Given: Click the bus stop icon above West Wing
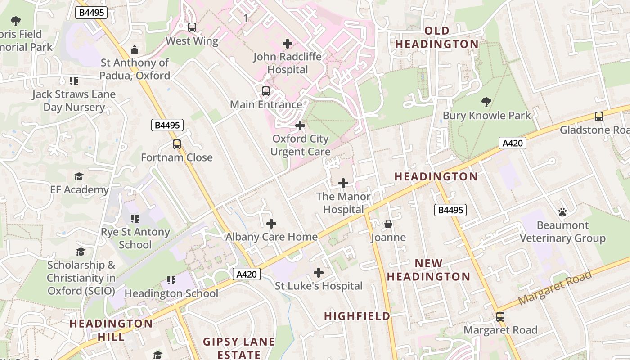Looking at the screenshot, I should [x=192, y=27].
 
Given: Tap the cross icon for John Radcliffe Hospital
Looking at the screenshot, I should [x=287, y=44].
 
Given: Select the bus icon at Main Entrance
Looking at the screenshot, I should [x=266, y=91].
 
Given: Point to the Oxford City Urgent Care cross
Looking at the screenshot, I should [x=300, y=126].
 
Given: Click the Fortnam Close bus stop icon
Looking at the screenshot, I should [x=177, y=144].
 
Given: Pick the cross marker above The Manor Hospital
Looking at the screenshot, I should [x=343, y=183].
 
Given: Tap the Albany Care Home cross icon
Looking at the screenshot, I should [x=271, y=224].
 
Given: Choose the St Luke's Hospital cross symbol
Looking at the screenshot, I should [x=319, y=273].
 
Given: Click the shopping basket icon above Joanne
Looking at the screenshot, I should [x=388, y=224].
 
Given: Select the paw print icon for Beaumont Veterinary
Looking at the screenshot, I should [x=562, y=212].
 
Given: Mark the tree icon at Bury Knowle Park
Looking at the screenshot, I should [x=486, y=102].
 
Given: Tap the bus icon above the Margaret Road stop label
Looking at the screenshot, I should [x=500, y=317].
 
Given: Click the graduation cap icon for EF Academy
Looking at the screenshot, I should [x=79, y=176].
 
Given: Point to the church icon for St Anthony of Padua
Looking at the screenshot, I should [x=135, y=49].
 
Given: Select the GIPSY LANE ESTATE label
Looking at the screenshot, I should [x=239, y=348].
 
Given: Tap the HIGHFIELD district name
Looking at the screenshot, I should [x=357, y=316].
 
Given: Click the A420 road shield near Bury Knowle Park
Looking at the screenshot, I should [x=513, y=143].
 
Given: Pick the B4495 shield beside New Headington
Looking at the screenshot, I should [x=450, y=210].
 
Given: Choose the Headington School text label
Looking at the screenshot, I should [x=171, y=293].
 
